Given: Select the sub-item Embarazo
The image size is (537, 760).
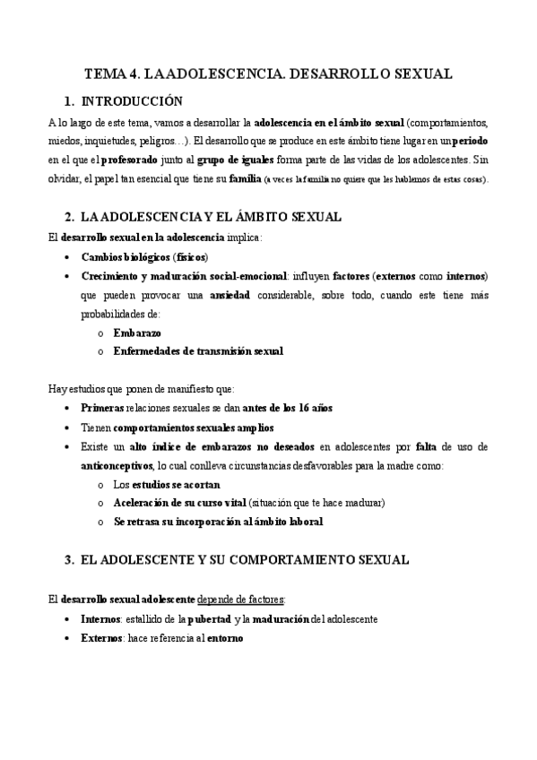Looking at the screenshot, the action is coord(137,332).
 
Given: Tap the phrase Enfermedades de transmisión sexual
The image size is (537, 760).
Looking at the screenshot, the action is coord(198,351).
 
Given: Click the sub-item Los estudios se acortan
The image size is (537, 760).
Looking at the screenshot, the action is coord(160,484).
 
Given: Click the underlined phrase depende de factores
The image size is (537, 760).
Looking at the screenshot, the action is coord(247,599).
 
